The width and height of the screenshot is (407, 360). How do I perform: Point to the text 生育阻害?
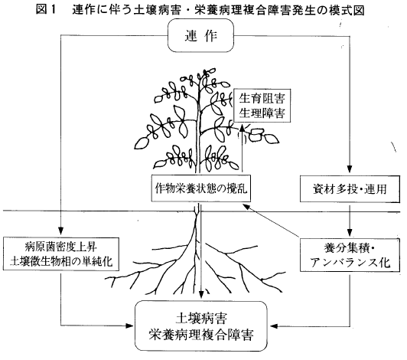pos(262,98)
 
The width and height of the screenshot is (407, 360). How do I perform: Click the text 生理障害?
pos(262,113)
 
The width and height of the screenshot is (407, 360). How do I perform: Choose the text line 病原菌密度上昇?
pos(61,247)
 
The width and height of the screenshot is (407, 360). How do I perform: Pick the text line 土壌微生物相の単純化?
pos(61,261)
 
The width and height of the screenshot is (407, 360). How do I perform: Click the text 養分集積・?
pos(349,247)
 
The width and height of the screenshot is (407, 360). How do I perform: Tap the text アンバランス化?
pos(350,262)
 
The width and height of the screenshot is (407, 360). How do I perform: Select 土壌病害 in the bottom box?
pos(201,318)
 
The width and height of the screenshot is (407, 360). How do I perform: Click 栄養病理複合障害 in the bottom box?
pos(201,334)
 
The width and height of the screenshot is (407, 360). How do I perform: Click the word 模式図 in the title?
pos(347,10)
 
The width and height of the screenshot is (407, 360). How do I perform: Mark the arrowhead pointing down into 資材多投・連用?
pos(350,169)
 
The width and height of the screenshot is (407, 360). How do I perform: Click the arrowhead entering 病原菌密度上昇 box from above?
pos(60,231)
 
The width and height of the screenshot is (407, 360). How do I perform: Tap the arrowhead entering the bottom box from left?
pos(129,326)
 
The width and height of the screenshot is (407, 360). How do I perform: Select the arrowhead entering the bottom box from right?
pos(274,326)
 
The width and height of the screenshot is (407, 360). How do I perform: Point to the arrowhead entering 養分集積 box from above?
pos(350,232)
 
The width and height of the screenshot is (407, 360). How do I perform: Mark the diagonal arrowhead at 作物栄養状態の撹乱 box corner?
pos(246,207)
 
